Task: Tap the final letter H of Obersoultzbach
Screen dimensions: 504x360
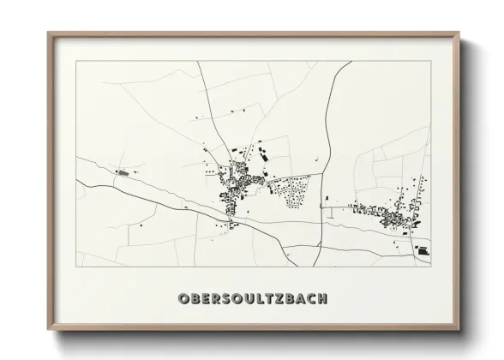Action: (x=321, y=298)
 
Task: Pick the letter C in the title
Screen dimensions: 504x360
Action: (x=309, y=298)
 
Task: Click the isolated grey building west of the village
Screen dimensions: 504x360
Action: (x=122, y=172)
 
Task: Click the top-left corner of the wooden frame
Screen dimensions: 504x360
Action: (x=47, y=33)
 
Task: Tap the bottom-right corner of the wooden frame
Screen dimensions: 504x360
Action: (x=460, y=330)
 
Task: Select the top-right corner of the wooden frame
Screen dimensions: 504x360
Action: (x=460, y=33)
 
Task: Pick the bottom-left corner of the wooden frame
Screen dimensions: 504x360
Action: (x=47, y=330)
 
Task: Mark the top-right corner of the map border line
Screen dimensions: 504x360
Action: (x=430, y=61)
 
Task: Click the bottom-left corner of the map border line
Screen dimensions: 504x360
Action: (x=75, y=266)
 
